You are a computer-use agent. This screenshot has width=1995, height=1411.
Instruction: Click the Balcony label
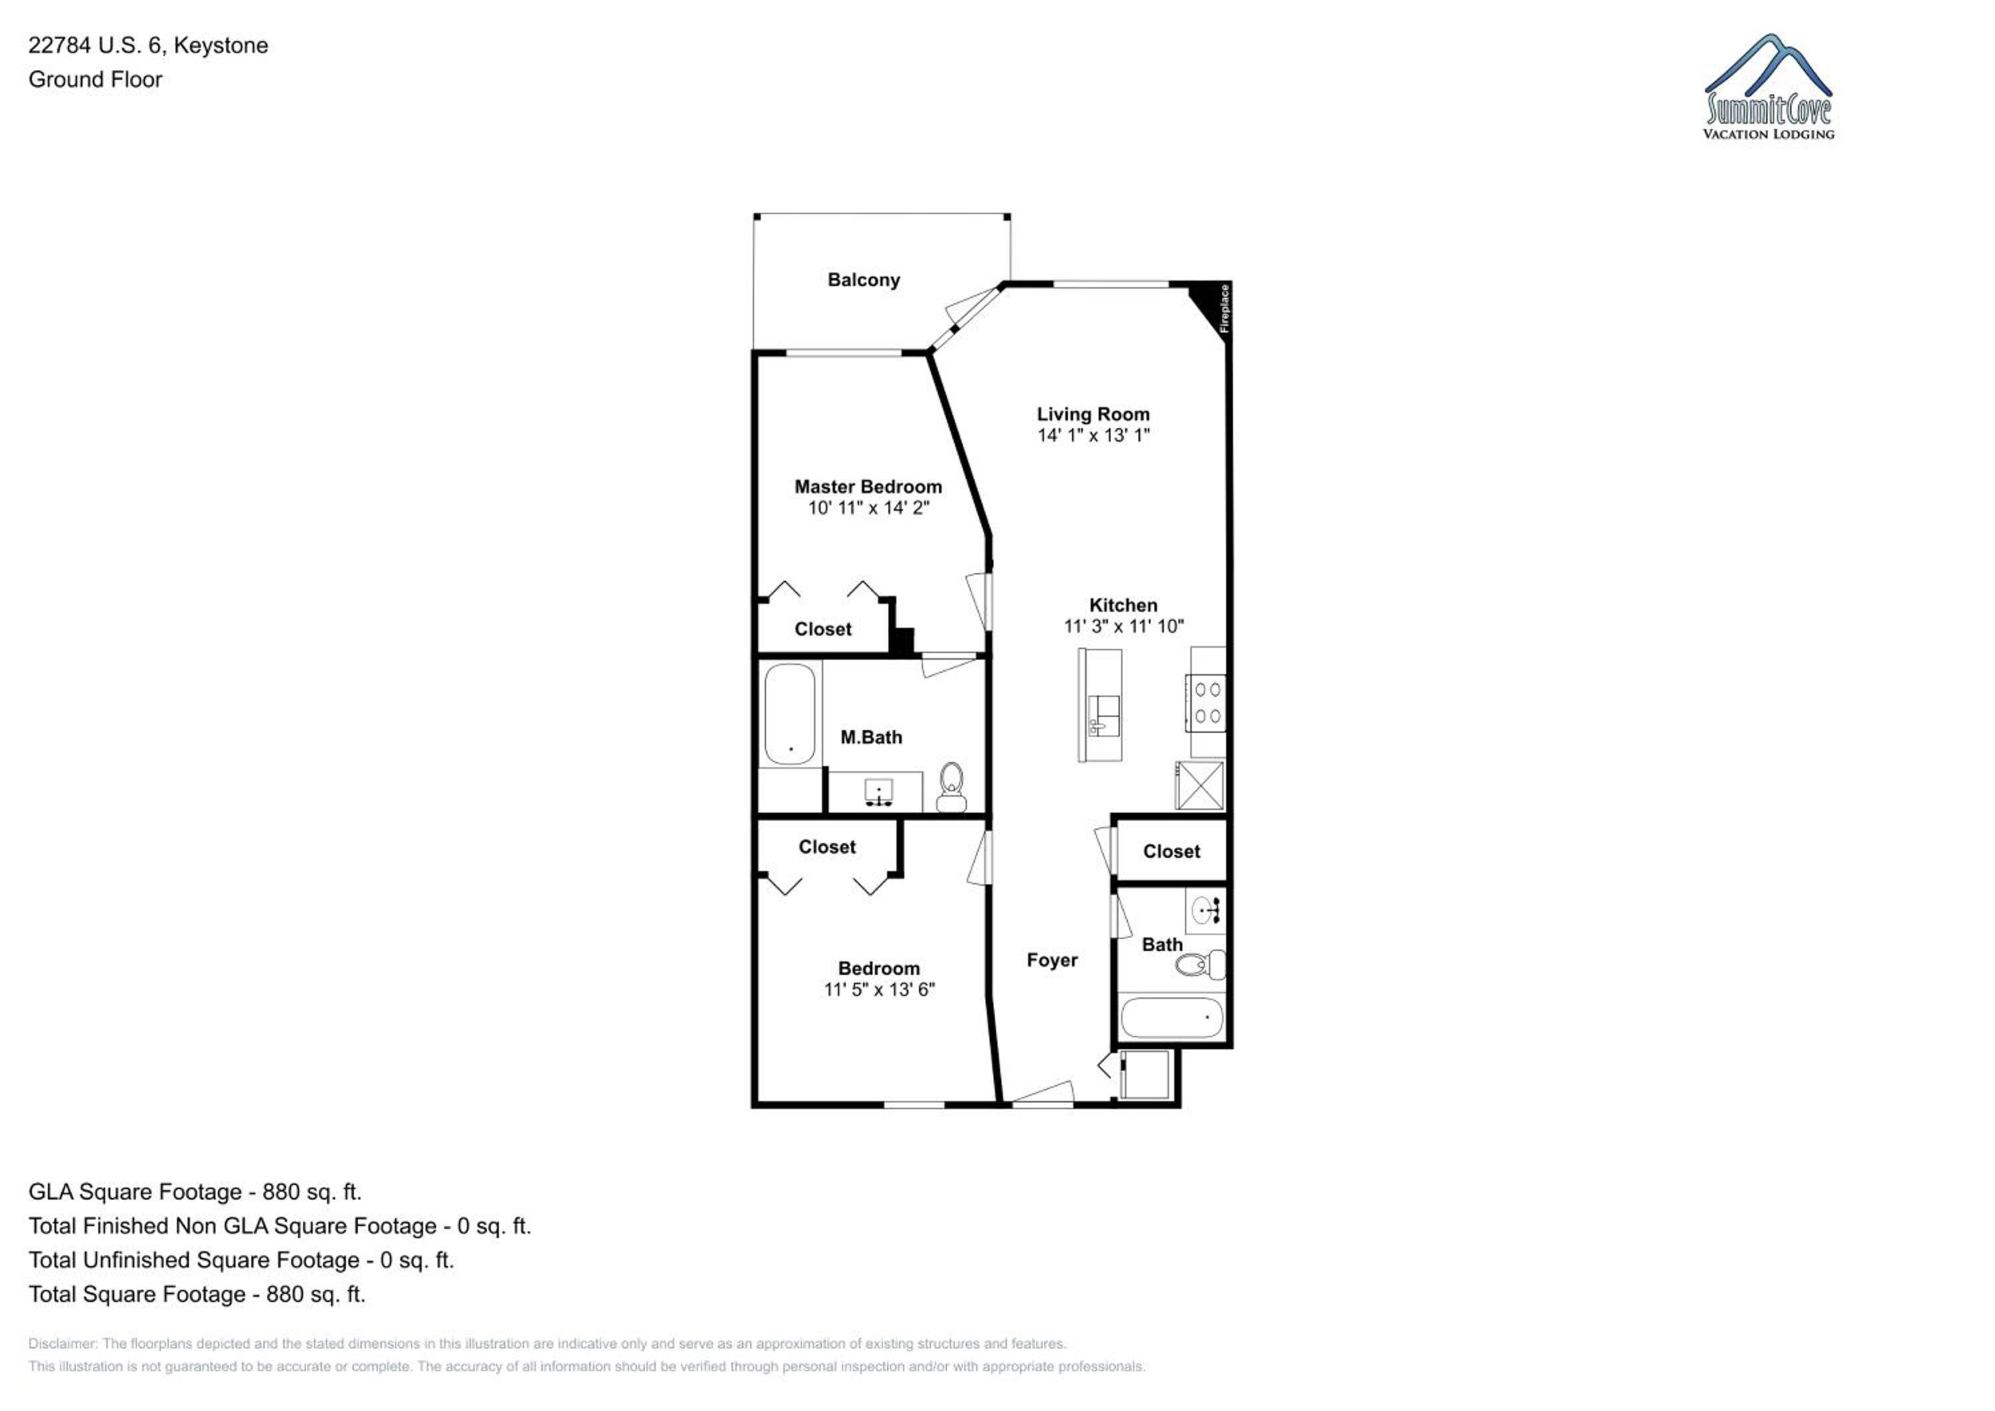pyautogui.click(x=864, y=280)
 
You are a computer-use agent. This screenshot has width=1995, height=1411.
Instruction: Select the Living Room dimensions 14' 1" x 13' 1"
pyautogui.click(x=1093, y=436)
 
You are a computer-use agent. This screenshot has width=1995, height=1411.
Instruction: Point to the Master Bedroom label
pyautogui.click(x=868, y=487)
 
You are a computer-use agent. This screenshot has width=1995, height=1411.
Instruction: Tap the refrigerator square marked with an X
pyautogui.click(x=1200, y=785)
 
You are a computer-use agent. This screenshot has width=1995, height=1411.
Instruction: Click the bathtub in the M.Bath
pyautogui.click(x=790, y=714)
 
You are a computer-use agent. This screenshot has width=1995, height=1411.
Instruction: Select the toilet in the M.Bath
pyautogui.click(x=952, y=787)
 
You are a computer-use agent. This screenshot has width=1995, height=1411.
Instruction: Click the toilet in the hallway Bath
pyautogui.click(x=1200, y=964)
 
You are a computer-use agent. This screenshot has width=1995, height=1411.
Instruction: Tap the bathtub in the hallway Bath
pyautogui.click(x=1172, y=1017)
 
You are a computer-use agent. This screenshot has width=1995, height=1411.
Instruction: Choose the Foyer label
pyautogui.click(x=1052, y=960)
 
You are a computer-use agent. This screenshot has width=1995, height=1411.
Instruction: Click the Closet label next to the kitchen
pyautogui.click(x=1171, y=852)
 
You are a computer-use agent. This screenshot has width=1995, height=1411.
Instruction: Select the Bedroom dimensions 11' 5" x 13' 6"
pyautogui.click(x=879, y=989)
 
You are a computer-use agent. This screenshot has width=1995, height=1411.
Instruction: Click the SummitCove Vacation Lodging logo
pyautogui.click(x=1768, y=87)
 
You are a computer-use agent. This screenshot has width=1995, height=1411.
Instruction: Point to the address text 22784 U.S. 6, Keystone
pyautogui.click(x=148, y=45)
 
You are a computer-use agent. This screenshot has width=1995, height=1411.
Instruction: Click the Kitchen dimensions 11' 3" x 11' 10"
pyautogui.click(x=1123, y=626)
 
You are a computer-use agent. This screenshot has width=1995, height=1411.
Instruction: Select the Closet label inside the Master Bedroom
pyautogui.click(x=823, y=629)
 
